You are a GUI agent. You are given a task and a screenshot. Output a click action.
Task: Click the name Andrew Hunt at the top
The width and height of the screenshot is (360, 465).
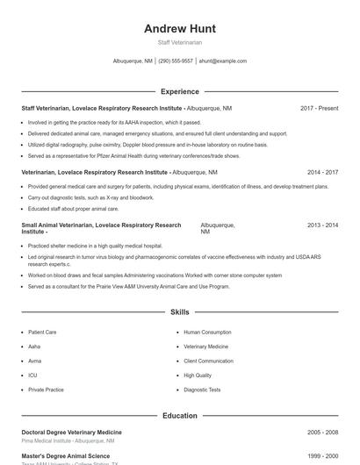[x=180, y=28]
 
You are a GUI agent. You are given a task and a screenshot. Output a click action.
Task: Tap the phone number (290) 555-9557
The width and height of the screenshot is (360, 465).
[x=176, y=61]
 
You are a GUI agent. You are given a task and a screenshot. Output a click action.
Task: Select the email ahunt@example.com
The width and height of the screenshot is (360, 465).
[x=223, y=61]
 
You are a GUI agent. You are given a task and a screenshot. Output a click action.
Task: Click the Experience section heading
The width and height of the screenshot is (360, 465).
[x=180, y=91]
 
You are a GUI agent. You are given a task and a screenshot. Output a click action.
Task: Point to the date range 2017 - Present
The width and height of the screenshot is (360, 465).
[x=319, y=108]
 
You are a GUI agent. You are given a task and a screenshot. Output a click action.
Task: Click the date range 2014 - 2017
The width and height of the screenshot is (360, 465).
[x=322, y=173]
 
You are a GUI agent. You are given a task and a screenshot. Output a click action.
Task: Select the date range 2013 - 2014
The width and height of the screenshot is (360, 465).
[x=322, y=225]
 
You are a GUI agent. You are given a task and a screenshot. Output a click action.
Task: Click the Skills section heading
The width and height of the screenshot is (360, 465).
[x=180, y=312]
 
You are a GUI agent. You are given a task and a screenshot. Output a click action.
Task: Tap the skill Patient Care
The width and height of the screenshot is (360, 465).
[x=42, y=333]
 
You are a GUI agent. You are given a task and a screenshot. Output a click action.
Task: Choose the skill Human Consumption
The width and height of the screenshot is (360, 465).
[x=207, y=333]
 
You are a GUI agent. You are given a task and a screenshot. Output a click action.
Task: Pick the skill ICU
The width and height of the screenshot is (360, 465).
[x=32, y=376]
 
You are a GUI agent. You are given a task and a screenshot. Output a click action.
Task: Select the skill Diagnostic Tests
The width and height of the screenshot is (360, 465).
[x=202, y=390]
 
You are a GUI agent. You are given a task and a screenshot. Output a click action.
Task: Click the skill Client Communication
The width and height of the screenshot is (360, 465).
[x=208, y=361]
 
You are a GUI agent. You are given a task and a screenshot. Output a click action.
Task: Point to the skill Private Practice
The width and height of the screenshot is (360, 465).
[x=46, y=390]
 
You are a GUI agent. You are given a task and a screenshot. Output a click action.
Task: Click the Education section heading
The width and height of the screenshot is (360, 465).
[x=180, y=416]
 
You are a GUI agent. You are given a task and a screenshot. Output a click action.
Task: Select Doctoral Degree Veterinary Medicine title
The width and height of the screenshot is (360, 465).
[x=71, y=433]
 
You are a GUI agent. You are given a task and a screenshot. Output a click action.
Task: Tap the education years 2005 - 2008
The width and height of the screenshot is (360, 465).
[x=322, y=433]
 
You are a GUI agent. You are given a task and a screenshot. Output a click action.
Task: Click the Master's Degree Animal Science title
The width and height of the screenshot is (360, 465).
[x=66, y=456]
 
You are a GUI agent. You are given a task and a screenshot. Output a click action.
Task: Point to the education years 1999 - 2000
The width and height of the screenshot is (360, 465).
[x=322, y=456]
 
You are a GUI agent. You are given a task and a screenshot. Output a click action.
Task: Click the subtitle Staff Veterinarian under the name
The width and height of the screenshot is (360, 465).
[x=180, y=42]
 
